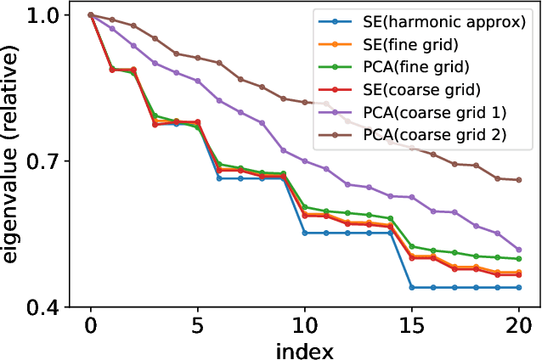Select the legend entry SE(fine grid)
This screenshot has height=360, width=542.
417,44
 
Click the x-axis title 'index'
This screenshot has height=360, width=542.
304,349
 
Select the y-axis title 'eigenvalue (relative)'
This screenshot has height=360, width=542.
12,161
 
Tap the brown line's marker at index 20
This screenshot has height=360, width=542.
519,180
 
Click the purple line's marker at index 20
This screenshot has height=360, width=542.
519,250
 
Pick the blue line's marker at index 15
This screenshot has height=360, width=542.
412,288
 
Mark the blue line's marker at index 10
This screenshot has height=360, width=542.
305,233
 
